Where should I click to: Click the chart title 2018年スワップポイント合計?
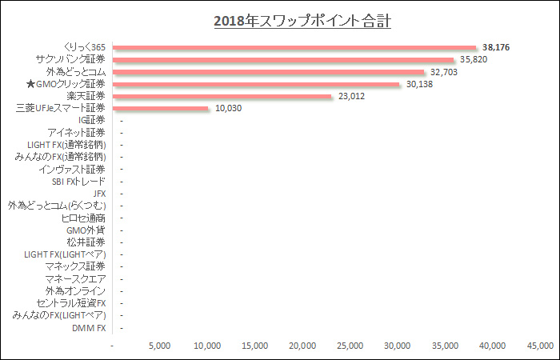pos(302,21)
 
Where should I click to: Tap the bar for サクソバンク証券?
pos(284,59)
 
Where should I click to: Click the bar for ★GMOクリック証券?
pos(257,84)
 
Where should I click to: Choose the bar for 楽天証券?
pos(223,96)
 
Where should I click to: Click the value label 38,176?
pos(496,48)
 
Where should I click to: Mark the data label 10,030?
pos(229,108)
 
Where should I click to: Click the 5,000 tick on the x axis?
pos(160,346)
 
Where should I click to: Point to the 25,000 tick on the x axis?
pos(350,346)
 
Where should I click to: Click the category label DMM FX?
pos(89,327)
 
